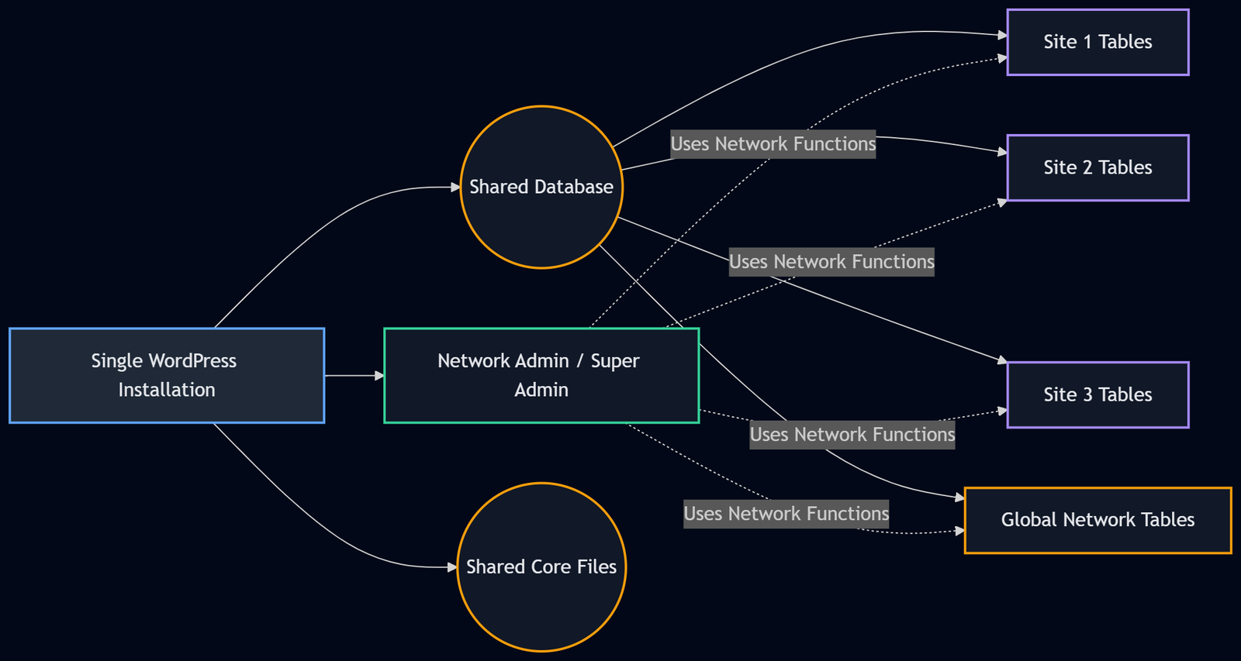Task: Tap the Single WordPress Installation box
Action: [x=167, y=376]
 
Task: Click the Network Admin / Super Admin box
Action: [x=541, y=376]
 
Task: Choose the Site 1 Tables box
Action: [x=1098, y=43]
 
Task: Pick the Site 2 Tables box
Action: [x=1098, y=168]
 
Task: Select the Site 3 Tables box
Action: [x=1098, y=395]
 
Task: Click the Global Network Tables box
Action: [x=1098, y=521]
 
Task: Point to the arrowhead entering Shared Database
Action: [x=456, y=188]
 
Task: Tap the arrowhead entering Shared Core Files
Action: [x=453, y=567]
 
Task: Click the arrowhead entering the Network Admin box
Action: [x=379, y=376]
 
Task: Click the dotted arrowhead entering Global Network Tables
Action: [x=960, y=531]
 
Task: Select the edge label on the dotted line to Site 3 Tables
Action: [x=852, y=435]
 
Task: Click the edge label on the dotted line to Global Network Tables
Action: [x=786, y=514]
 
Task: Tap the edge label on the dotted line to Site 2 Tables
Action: [x=831, y=262]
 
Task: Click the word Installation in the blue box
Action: [x=167, y=390]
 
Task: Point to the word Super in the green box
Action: [x=615, y=361]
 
